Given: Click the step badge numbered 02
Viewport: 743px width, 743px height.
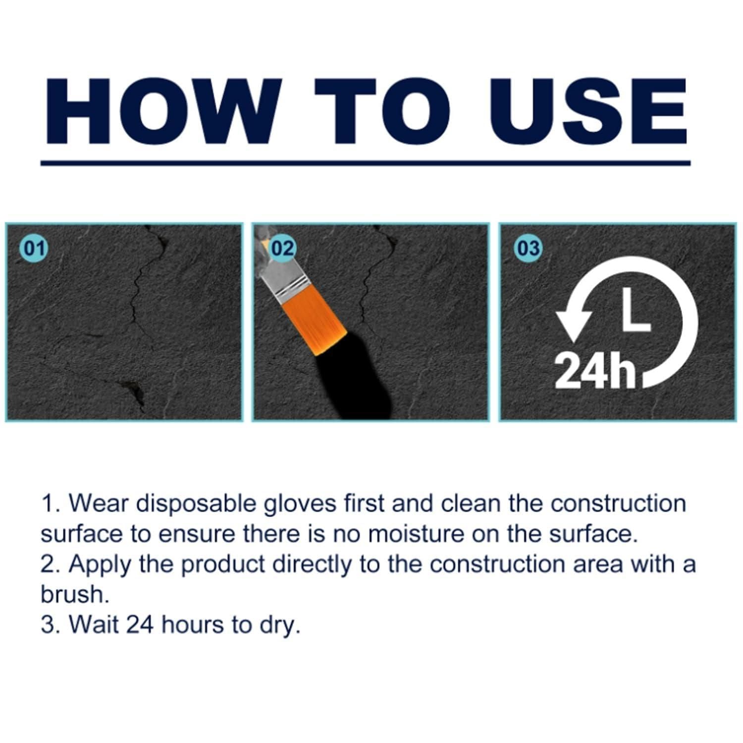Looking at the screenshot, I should coord(283,248).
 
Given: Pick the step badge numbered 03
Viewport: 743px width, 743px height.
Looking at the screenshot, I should coord(528,248).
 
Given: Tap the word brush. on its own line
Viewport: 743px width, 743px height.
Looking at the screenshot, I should coord(74,594).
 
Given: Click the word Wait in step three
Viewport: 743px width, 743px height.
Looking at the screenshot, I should coord(94,625).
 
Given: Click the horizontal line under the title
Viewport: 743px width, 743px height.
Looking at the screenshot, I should coord(365,162).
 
